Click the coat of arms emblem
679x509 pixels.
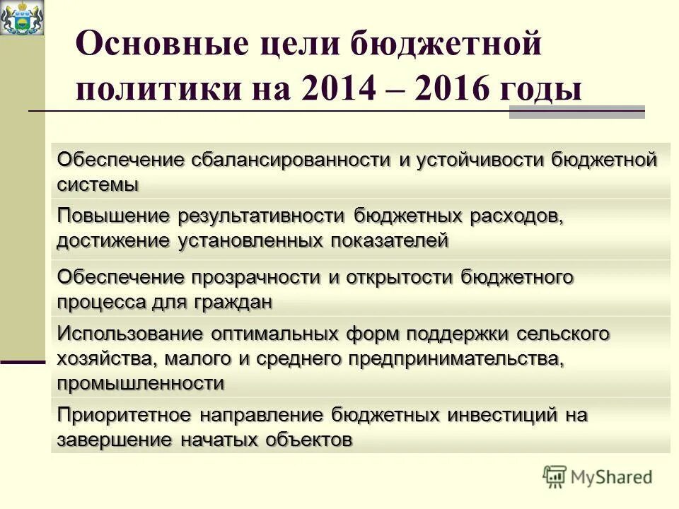click(22, 18)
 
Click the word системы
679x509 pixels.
click(98, 185)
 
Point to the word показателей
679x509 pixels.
click(388, 240)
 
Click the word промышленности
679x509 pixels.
click(141, 383)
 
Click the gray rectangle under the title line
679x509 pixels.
click(576, 114)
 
